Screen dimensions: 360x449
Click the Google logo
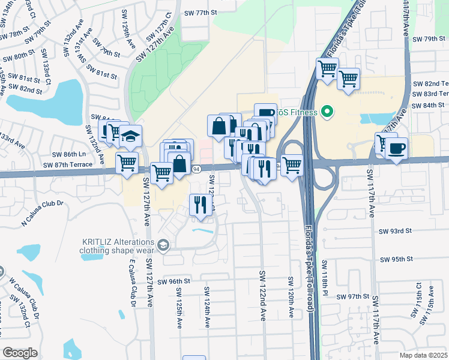(19, 353)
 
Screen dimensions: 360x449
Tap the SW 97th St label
(352, 297)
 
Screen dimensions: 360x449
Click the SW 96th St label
(174, 281)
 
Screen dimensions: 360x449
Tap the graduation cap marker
(130, 137)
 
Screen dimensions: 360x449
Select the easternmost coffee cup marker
(396, 148)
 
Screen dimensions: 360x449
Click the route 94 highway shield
(196, 169)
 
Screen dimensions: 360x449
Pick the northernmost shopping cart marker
(327, 69)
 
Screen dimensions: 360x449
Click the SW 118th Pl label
(324, 276)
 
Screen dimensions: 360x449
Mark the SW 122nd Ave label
(262, 295)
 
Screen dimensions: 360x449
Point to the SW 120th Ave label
(291, 297)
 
